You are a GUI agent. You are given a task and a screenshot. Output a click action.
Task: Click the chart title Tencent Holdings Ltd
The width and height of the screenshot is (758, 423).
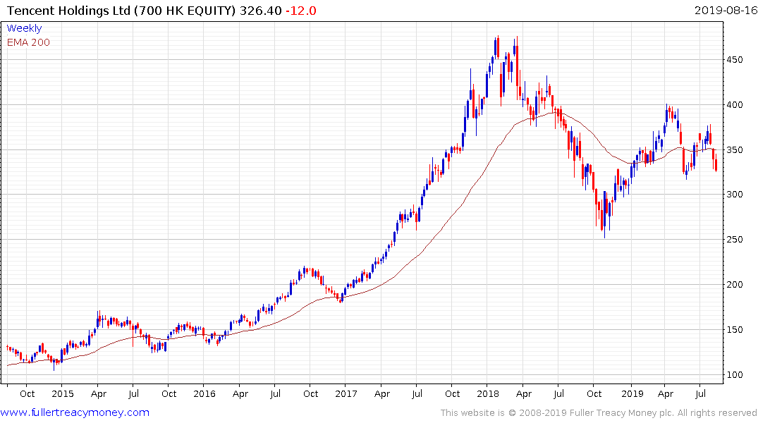pyautogui.click(x=65, y=11)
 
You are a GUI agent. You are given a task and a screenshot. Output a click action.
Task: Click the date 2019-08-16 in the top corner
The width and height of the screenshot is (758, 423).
pyautogui.click(x=724, y=11)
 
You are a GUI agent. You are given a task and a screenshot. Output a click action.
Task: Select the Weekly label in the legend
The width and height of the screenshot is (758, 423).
pyautogui.click(x=24, y=28)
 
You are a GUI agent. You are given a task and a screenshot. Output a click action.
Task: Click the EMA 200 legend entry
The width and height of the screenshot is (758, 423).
pyautogui.click(x=28, y=42)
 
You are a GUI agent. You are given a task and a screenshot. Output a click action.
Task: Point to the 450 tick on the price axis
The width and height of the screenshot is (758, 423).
pyautogui.click(x=736, y=60)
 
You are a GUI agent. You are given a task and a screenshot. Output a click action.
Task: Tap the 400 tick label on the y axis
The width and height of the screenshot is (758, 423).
pyautogui.click(x=736, y=105)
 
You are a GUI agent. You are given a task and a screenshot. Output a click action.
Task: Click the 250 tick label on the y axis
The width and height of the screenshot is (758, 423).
pyautogui.click(x=736, y=240)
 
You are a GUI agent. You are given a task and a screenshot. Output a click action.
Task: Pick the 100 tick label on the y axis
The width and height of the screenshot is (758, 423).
pyautogui.click(x=736, y=374)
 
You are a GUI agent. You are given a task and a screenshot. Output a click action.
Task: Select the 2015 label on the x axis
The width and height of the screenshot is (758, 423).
pyautogui.click(x=62, y=393)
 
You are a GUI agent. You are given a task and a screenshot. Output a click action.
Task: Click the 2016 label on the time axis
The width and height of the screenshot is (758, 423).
pyautogui.click(x=204, y=393)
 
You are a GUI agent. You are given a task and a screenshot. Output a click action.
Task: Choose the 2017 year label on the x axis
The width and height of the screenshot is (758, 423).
pyautogui.click(x=346, y=393)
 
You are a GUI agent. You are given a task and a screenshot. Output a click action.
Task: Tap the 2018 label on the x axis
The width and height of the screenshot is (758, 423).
pyautogui.click(x=488, y=393)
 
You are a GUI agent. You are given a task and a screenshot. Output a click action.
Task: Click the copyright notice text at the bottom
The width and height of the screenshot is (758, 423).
pyautogui.click(x=599, y=413)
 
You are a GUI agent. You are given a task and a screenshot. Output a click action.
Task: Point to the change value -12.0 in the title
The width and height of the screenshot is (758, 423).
pyautogui.click(x=300, y=11)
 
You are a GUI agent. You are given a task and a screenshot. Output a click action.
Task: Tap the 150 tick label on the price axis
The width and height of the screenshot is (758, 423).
pyautogui.click(x=736, y=329)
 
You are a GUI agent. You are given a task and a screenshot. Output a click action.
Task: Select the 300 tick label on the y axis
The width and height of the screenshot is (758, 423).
pyautogui.click(x=736, y=195)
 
